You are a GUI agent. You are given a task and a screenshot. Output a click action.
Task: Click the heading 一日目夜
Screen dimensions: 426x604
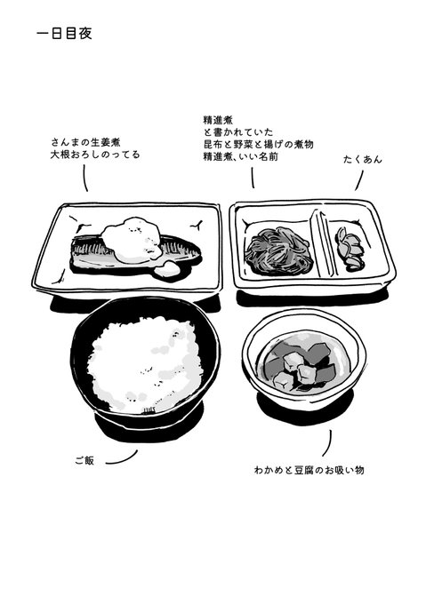click(64, 34)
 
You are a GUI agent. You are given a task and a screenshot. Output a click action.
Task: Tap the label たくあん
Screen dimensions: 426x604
click(362, 159)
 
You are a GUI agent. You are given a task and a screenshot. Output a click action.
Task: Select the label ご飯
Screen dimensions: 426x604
click(84, 460)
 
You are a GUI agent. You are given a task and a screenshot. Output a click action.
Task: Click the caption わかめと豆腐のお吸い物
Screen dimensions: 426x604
click(309, 470)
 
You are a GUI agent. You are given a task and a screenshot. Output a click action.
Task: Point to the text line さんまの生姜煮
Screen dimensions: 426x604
click(86, 142)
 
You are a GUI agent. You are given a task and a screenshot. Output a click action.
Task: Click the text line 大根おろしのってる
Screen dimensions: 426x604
click(95, 155)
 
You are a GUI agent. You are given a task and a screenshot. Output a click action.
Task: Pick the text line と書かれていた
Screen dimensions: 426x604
click(238, 132)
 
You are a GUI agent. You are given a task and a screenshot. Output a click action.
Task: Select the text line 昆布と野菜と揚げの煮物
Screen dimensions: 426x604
click(258, 145)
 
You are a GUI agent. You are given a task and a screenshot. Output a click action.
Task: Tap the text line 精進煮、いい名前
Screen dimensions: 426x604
click(241, 157)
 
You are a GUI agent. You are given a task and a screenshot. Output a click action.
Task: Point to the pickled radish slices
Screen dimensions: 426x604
click(349, 248)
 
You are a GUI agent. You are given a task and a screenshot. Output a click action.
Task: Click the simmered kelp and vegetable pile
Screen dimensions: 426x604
click(278, 250)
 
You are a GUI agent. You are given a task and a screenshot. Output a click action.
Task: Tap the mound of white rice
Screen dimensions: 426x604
click(145, 363)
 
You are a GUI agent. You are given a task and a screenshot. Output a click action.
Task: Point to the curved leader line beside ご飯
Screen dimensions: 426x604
click(122, 458)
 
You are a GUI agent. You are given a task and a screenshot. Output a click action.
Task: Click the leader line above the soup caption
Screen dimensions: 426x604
click(327, 443)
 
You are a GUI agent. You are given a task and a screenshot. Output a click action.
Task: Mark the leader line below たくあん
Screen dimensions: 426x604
click(359, 180)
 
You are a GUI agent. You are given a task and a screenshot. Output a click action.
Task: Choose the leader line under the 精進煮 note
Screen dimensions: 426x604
click(253, 178)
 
